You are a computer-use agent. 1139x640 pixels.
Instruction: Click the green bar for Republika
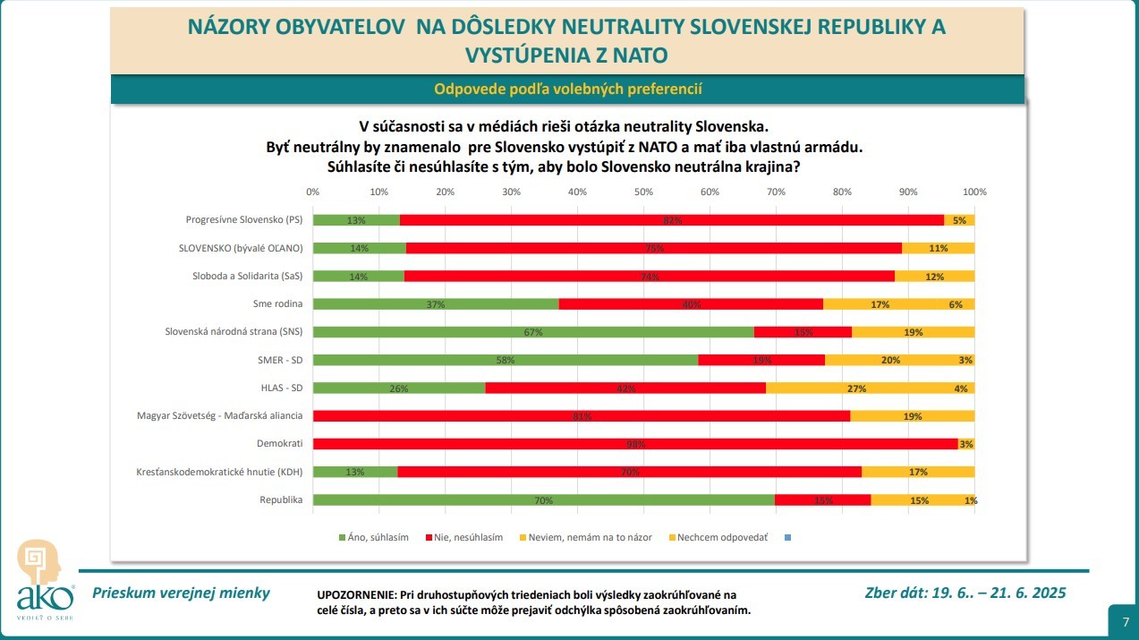[x=543, y=500]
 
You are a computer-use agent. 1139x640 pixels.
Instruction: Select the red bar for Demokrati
[x=635, y=444]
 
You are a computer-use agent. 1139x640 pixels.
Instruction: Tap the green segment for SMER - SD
[x=506, y=360]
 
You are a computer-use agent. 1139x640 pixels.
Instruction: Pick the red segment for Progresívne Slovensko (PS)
[x=671, y=220]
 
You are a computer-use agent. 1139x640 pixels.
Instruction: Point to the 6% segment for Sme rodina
[x=955, y=304]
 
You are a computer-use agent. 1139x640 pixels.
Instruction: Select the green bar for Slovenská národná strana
[x=533, y=332]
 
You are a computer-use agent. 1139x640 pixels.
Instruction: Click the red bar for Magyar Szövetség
[x=582, y=416]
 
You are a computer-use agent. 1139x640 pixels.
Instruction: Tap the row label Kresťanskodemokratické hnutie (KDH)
[x=220, y=472]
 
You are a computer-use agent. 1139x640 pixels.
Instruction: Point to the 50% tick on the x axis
[x=643, y=192]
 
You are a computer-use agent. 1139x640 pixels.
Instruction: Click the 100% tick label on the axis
[x=973, y=192]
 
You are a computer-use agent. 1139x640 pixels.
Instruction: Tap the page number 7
[x=1124, y=620]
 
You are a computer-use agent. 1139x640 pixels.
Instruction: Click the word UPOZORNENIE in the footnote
[x=355, y=595]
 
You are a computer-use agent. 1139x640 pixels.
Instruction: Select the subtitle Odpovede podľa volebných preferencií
[x=567, y=89]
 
